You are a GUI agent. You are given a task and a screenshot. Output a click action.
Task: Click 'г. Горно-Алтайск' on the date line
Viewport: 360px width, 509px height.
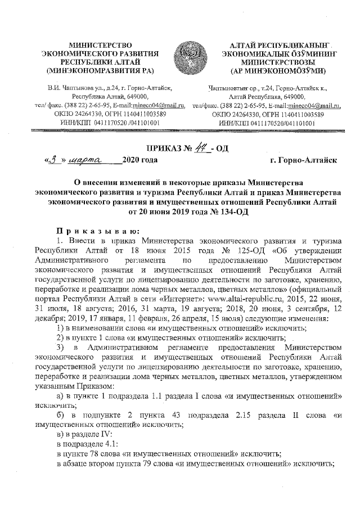coord(303,160)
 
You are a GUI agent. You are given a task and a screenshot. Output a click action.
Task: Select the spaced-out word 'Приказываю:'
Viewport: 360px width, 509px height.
coord(94,231)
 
